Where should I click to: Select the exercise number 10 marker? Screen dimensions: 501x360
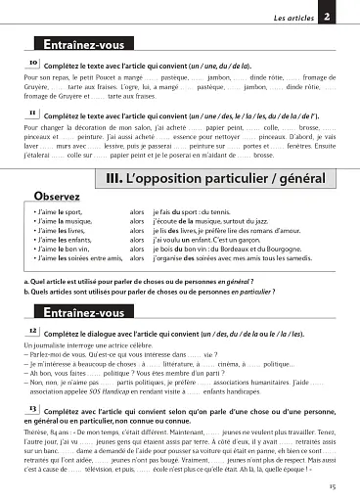(34, 63)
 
